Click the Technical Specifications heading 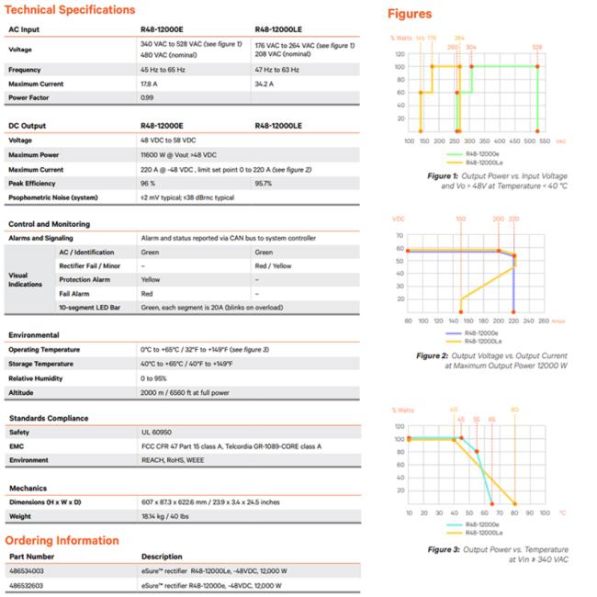(x=71, y=10)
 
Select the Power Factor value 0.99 (x=147, y=97)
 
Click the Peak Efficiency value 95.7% (x=264, y=183)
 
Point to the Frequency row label (x=26, y=70)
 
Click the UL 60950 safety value (x=157, y=432)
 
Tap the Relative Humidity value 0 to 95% (x=158, y=377)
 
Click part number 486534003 (x=28, y=571)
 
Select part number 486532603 (x=28, y=585)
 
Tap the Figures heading (x=410, y=14)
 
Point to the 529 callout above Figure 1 (x=537, y=46)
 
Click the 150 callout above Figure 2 (x=460, y=219)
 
